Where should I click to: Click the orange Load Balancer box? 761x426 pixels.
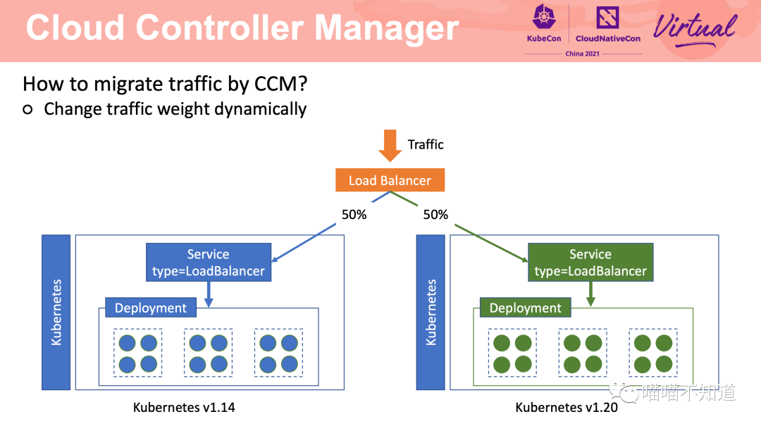pyautogui.click(x=390, y=180)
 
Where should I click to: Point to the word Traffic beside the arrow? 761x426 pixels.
pyautogui.click(x=426, y=144)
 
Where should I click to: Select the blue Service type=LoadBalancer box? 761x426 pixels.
pyautogui.click(x=209, y=263)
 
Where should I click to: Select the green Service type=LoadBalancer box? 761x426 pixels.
pyautogui.click(x=590, y=263)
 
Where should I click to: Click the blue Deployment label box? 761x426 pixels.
pyautogui.click(x=151, y=308)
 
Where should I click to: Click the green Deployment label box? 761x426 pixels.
pyautogui.click(x=525, y=308)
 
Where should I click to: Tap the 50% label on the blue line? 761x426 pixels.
pyautogui.click(x=354, y=215)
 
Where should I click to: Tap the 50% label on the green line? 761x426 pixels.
pyautogui.click(x=436, y=215)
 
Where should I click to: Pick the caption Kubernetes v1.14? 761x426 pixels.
pyautogui.click(x=184, y=407)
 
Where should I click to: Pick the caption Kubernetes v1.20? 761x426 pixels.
pyautogui.click(x=567, y=407)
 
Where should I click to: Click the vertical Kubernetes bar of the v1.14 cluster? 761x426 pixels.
pyautogui.click(x=56, y=313)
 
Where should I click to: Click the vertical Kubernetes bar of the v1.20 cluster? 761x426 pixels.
pyautogui.click(x=431, y=313)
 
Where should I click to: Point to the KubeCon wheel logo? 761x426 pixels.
pyautogui.click(x=544, y=17)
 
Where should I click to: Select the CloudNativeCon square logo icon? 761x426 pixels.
pyautogui.click(x=607, y=18)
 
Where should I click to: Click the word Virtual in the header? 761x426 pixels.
pyautogui.click(x=695, y=28)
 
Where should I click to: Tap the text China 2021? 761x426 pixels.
pyautogui.click(x=583, y=54)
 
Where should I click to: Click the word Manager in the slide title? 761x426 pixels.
pyautogui.click(x=387, y=28)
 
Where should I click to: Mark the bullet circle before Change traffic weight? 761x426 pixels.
pyautogui.click(x=27, y=110)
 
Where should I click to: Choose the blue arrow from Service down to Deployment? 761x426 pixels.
pyautogui.click(x=209, y=294)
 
